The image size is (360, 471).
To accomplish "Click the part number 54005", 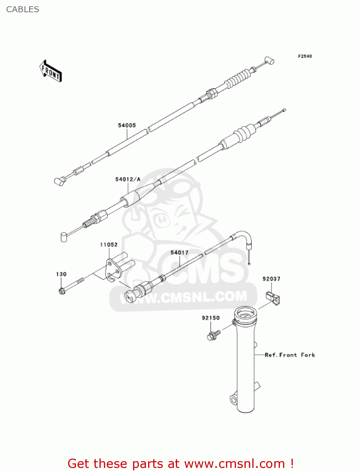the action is (x=127, y=125).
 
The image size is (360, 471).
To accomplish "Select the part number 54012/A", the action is (x=128, y=179).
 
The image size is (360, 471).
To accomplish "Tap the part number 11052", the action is (x=109, y=245).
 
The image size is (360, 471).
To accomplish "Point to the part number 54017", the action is (x=179, y=252).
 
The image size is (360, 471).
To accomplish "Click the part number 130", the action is (x=61, y=274).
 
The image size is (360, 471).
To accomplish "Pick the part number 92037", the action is (x=271, y=279).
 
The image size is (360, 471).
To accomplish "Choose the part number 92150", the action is (x=211, y=318).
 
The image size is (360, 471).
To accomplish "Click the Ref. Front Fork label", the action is (x=290, y=355).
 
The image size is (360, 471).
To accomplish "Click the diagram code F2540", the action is (x=305, y=56).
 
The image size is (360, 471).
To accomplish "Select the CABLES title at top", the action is (x=23, y=9).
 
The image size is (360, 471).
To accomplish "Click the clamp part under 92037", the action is (x=273, y=297).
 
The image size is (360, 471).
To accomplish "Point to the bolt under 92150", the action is (x=213, y=335).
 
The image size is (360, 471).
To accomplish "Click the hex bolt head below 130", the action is (x=62, y=291).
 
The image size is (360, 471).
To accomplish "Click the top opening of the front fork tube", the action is (x=245, y=313).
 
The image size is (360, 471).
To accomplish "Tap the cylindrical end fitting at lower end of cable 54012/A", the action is (x=64, y=237).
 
